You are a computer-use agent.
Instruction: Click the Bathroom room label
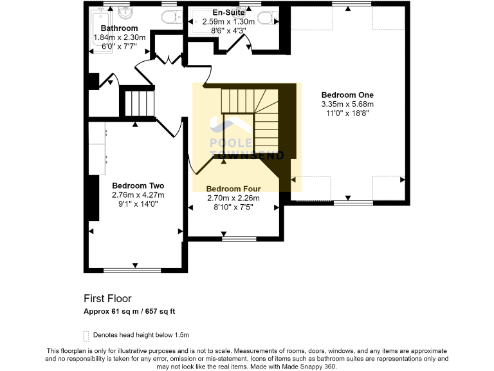120,28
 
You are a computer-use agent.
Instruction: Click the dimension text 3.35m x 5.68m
347,104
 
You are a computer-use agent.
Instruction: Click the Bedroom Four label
233,189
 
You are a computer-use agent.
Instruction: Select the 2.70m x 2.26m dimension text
233,198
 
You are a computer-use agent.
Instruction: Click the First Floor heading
107,298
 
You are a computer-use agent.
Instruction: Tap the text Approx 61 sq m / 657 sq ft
129,311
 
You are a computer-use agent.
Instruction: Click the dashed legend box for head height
86,335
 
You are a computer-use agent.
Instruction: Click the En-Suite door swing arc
244,44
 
